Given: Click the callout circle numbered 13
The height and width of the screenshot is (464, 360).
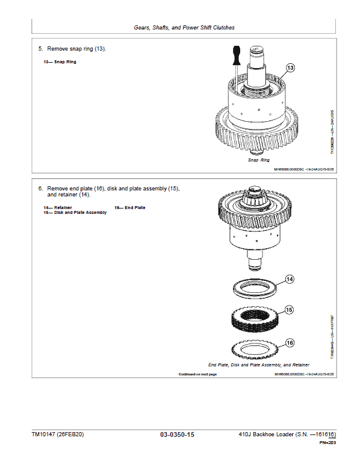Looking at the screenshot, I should click(x=290, y=68).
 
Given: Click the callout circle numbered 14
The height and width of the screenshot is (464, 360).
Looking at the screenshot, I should click(x=289, y=279).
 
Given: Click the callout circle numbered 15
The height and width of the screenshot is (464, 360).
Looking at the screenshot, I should click(x=289, y=310).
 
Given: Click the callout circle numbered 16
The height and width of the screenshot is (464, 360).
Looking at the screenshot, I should click(x=290, y=343).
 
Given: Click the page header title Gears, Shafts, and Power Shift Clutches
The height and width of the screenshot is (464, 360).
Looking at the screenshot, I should click(x=184, y=28).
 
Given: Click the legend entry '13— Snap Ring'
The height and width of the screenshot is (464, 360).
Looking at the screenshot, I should click(x=60, y=61).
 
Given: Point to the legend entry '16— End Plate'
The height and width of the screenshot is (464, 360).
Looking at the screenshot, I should click(x=129, y=207).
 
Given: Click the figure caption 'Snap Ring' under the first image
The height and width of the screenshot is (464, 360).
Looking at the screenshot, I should click(x=259, y=160).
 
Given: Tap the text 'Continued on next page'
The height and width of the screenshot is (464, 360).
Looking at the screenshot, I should click(x=197, y=374).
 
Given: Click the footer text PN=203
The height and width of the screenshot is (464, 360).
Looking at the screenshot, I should click(x=327, y=443).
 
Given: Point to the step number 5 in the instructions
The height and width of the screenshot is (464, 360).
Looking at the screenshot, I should click(x=40, y=49).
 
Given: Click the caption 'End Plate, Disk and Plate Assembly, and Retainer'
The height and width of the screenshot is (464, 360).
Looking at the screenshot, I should click(x=259, y=365).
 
